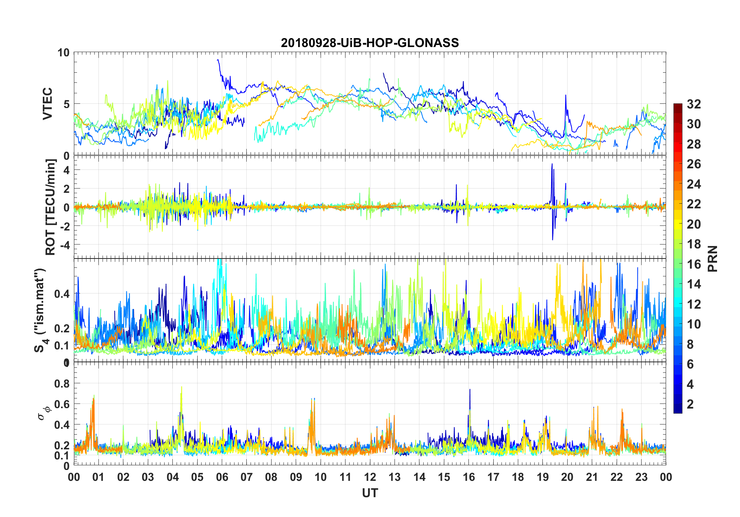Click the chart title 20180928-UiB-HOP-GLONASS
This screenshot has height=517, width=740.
(x=370, y=43)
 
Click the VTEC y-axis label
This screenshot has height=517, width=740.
(x=47, y=103)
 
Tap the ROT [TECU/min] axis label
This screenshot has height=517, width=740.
(x=51, y=207)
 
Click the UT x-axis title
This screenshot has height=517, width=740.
(x=370, y=493)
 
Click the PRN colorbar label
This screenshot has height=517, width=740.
(x=712, y=258)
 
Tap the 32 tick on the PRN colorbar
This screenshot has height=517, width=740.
(x=694, y=104)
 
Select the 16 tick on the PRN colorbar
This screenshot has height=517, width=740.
(x=694, y=264)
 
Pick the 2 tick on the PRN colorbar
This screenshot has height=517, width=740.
(x=690, y=404)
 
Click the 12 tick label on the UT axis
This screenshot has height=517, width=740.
(x=370, y=477)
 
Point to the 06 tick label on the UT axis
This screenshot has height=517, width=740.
(x=222, y=477)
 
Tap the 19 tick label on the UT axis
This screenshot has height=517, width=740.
(x=542, y=477)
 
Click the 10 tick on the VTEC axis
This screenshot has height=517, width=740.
(x=63, y=52)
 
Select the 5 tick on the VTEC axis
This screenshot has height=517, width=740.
(x=66, y=104)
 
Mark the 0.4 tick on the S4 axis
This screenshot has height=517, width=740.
(x=61, y=293)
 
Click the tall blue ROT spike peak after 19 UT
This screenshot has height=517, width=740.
(x=552, y=164)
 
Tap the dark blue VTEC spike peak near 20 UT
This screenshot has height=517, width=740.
(x=565, y=95)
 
